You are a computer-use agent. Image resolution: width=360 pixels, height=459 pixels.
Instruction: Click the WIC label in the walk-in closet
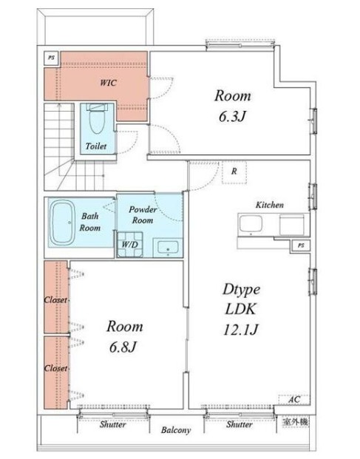108,83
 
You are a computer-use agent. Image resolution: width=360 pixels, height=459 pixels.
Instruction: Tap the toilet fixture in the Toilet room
97,118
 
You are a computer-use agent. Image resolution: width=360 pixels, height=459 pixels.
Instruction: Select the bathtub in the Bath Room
63,222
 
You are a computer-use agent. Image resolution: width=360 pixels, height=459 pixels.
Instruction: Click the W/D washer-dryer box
130,245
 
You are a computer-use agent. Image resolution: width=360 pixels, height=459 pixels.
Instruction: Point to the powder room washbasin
168,247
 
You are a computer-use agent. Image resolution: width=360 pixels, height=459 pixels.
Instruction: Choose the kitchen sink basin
251,224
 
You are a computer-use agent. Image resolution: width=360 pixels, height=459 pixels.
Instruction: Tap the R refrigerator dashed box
234,171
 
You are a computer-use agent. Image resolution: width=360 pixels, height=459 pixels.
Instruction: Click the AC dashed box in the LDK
294,399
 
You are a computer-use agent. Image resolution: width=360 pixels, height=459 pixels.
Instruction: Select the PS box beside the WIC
52,58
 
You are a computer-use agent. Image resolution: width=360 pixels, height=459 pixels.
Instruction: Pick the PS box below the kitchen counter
301,245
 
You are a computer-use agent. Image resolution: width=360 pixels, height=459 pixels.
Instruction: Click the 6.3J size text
232,116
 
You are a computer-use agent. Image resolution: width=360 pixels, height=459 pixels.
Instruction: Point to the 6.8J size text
123,347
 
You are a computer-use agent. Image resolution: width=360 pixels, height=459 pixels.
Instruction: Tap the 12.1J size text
240,330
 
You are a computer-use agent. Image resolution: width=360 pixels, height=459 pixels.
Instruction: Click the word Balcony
176,430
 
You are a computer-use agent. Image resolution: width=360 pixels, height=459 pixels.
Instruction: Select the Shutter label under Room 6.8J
112,424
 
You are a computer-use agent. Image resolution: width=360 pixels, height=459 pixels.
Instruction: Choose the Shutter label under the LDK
239,424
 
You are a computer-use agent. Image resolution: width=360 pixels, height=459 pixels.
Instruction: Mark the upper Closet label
55,300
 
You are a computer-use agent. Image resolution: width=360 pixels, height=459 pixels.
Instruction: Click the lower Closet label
55,368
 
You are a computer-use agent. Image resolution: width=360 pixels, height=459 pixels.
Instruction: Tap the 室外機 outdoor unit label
295,422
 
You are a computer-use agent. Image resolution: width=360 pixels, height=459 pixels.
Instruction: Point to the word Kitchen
270,205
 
